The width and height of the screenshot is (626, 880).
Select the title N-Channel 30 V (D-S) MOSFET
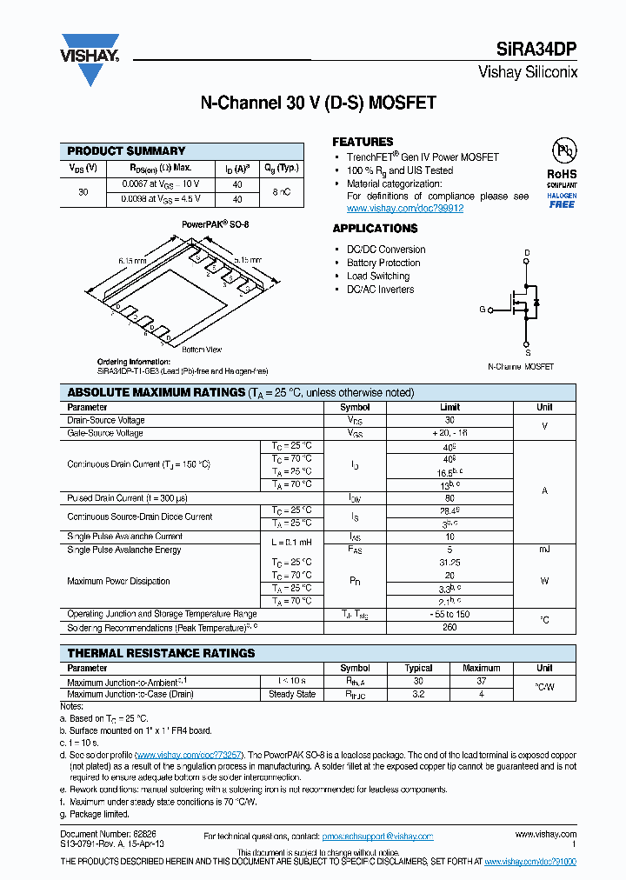pyautogui.click(x=318, y=103)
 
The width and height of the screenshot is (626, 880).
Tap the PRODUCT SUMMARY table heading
pyautogui.click(x=126, y=150)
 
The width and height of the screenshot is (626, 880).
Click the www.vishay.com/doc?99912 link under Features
pyautogui.click(x=404, y=209)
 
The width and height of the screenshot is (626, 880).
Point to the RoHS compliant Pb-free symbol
pyautogui.click(x=563, y=151)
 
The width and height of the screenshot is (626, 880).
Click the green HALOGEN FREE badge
pyautogui.click(x=562, y=201)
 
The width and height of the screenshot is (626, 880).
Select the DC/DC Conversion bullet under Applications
pyautogui.click(x=385, y=250)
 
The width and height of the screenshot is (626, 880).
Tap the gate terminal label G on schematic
pyautogui.click(x=483, y=310)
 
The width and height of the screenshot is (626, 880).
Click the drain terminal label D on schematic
pyautogui.click(x=526, y=253)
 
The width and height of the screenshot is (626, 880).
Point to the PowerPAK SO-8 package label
pyautogui.click(x=215, y=224)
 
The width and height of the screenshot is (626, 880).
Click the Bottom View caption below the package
pyautogui.click(x=202, y=350)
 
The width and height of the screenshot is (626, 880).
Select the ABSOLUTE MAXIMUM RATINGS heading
pyautogui.click(x=156, y=392)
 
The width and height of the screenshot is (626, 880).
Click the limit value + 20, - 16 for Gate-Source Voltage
pyautogui.click(x=450, y=433)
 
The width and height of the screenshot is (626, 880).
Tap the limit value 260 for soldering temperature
pyautogui.click(x=450, y=628)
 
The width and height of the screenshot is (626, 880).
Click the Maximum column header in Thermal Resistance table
pyautogui.click(x=481, y=668)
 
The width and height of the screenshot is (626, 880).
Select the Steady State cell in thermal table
pyautogui.click(x=292, y=694)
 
